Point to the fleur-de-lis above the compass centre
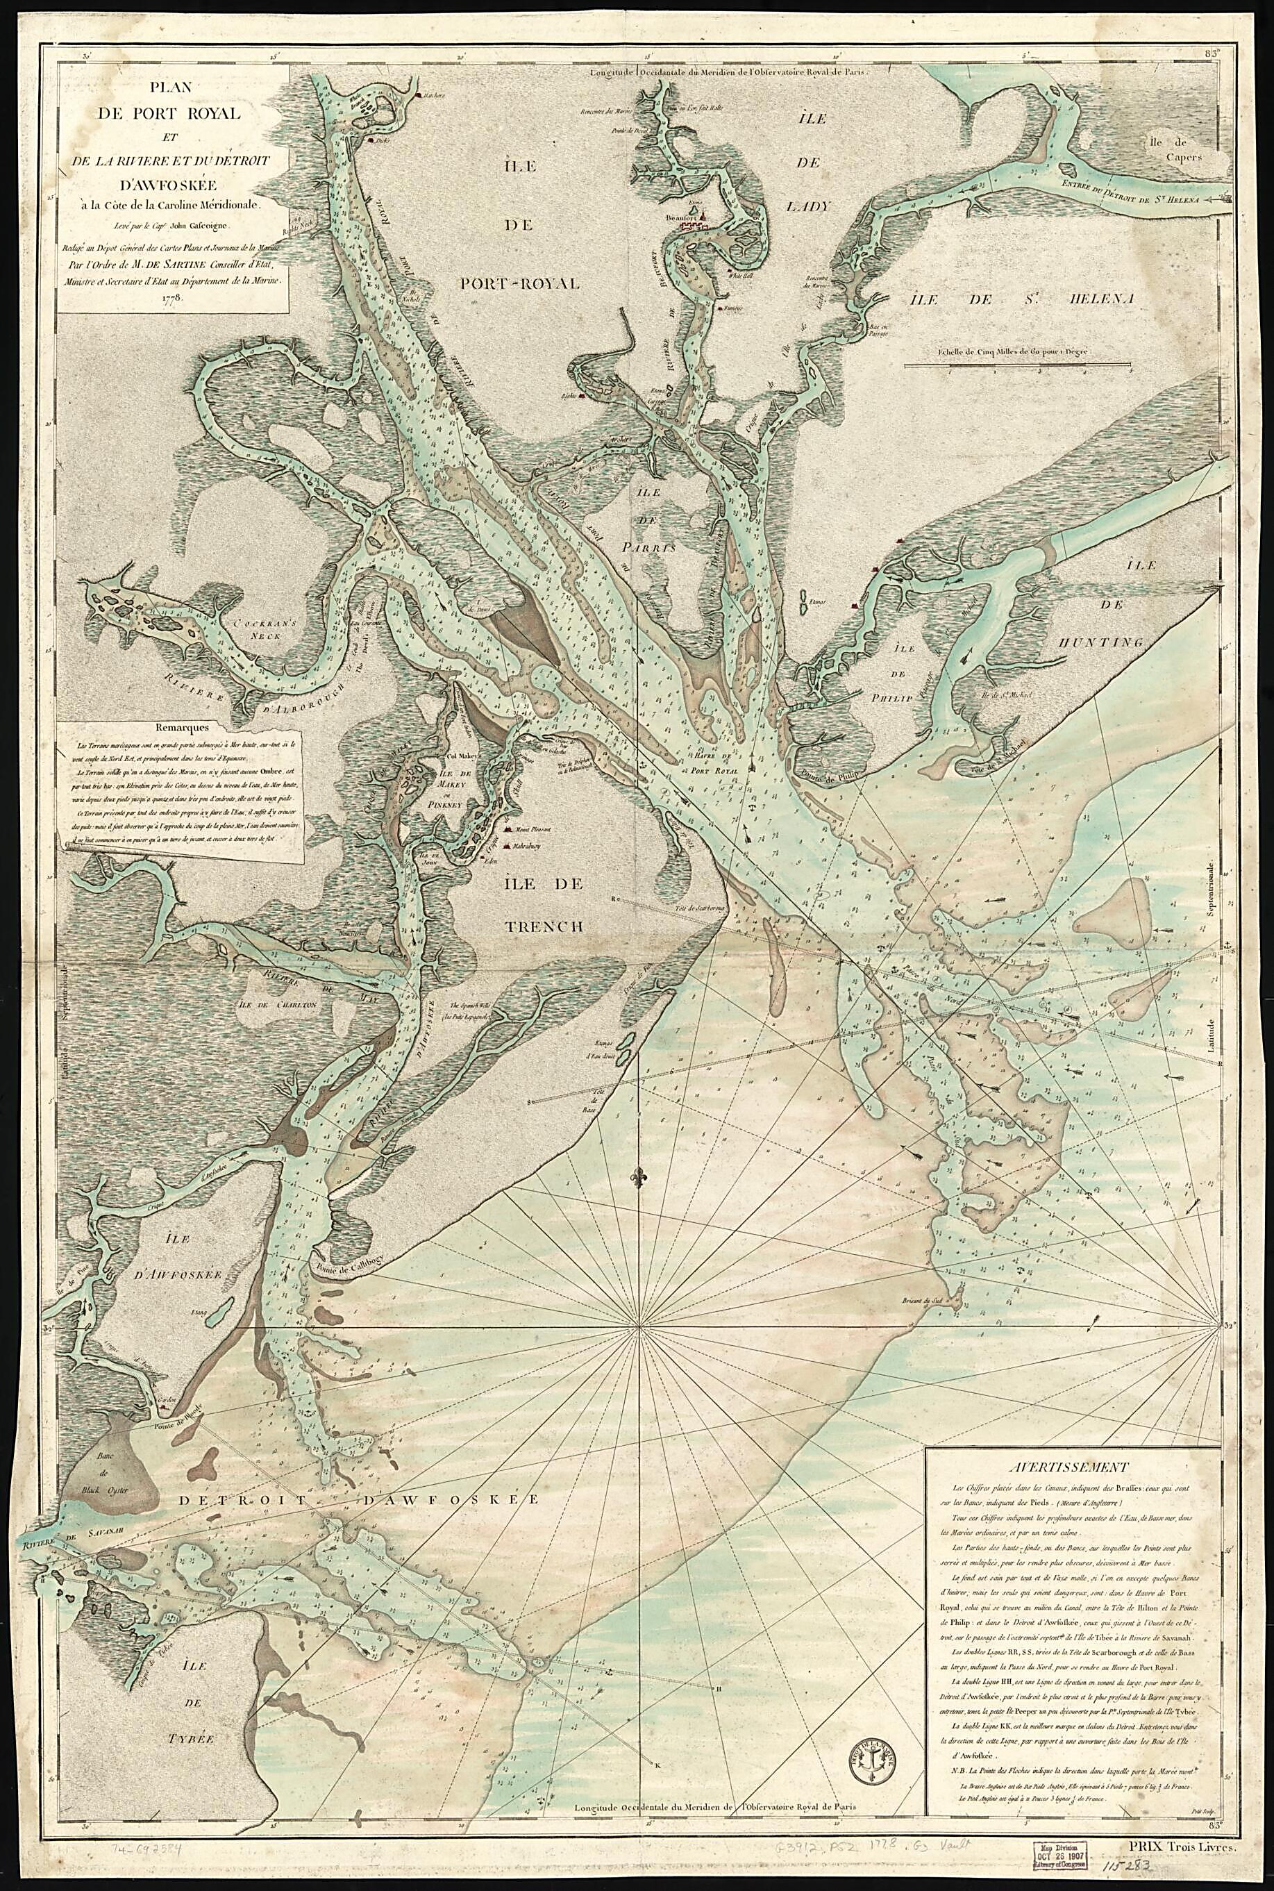tap(641, 1176)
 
